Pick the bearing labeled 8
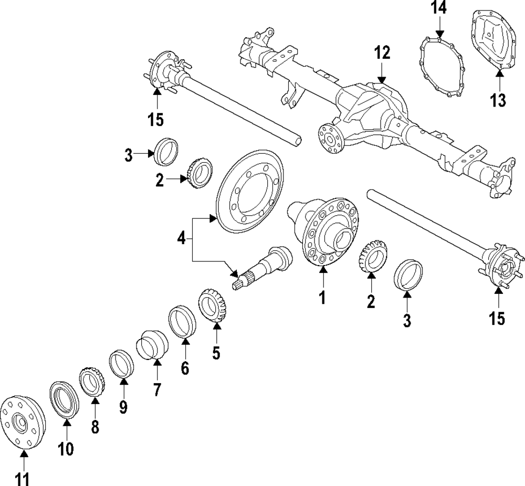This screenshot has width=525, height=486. (x=93, y=383)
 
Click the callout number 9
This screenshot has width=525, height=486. (x=123, y=407)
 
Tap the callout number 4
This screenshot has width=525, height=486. (x=181, y=239)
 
